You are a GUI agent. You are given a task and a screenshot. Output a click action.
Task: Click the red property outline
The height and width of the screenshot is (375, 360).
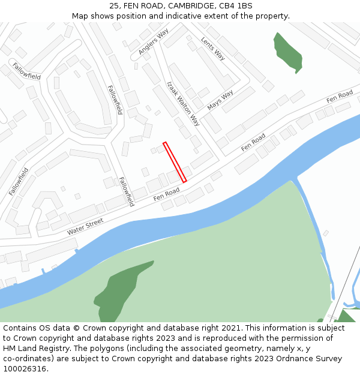(175, 161)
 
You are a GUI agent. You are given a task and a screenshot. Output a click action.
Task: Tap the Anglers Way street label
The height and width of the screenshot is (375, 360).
(154, 41)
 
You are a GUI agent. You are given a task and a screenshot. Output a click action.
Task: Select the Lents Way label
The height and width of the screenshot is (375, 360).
(213, 48)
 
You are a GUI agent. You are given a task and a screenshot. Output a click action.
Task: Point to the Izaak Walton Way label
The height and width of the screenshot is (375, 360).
(183, 103)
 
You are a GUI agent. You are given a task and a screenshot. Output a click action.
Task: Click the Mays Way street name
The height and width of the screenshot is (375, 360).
(220, 100)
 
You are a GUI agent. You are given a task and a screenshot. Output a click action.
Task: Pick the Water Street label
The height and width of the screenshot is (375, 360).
(85, 226)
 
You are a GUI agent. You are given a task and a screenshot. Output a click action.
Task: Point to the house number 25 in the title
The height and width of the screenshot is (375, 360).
(115, 6)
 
